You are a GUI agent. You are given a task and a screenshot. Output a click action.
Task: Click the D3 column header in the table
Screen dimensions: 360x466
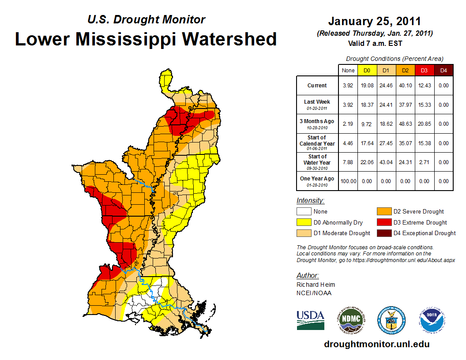pyautogui.click(x=424, y=70)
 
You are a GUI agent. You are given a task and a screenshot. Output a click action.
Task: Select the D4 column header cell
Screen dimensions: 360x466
pyautogui.click(x=443, y=70)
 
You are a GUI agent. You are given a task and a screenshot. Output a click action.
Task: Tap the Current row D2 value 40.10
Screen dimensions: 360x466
pyautogui.click(x=405, y=86)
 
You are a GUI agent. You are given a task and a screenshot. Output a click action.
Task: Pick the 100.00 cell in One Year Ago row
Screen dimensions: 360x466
pyautogui.click(x=348, y=181)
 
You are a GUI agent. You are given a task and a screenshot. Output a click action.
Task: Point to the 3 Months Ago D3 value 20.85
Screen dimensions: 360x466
pyautogui.click(x=424, y=124)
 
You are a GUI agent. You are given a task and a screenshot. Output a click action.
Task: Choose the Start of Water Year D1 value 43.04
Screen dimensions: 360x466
pyautogui.click(x=386, y=162)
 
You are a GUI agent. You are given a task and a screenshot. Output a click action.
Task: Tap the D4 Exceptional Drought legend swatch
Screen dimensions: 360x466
pyautogui.click(x=383, y=233)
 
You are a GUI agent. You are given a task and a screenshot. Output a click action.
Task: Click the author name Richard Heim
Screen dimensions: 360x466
pyautogui.click(x=316, y=285)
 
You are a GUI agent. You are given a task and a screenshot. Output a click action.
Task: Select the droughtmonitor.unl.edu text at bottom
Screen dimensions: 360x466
pyautogui.click(x=376, y=344)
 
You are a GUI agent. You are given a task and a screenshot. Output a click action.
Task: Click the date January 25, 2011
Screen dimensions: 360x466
pyautogui.click(x=374, y=22)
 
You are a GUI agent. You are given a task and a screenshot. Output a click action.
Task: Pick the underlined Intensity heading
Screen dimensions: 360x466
pyautogui.click(x=310, y=201)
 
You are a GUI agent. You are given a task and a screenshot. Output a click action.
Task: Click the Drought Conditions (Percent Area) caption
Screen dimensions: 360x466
pyautogui.click(x=395, y=59)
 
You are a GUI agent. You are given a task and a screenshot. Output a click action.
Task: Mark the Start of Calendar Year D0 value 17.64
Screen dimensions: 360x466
pyautogui.click(x=367, y=143)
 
